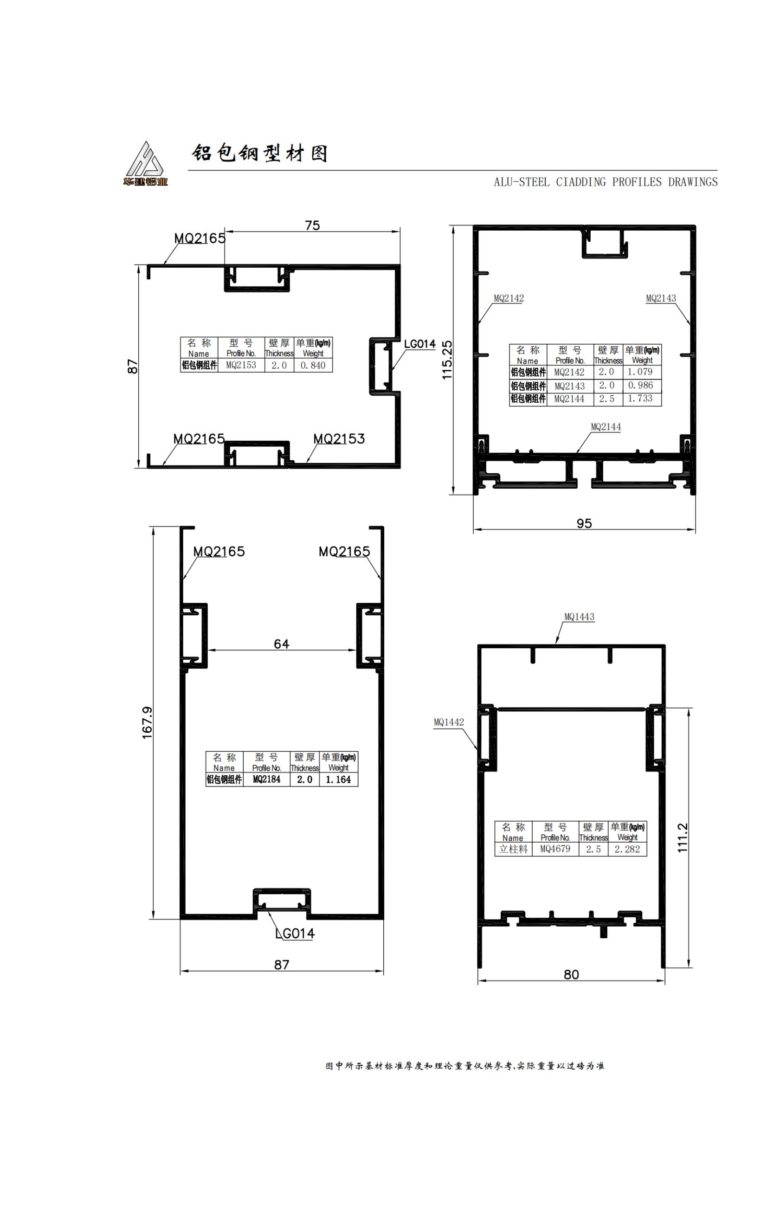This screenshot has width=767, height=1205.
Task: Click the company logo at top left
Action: (145, 164)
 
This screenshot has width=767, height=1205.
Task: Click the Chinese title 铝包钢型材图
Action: (260, 153)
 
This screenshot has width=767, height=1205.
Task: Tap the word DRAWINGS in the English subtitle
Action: (692, 182)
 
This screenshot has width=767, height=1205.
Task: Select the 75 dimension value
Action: (312, 226)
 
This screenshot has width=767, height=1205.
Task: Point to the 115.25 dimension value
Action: (447, 360)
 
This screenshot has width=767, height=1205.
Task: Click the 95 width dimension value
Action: (584, 523)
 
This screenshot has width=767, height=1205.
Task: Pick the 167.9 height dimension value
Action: (147, 722)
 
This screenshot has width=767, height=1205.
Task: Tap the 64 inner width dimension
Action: (282, 644)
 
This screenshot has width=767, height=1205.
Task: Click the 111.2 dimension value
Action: (683, 838)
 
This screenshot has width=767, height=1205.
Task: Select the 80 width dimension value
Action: (571, 974)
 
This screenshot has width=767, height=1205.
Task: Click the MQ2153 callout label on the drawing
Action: (339, 439)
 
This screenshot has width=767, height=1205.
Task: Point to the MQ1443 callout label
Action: (580, 617)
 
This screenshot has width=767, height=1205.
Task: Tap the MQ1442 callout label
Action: (449, 722)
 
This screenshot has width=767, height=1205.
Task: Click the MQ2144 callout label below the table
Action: (606, 427)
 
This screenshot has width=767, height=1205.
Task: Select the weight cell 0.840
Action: (313, 365)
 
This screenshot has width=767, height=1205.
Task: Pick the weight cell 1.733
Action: (640, 398)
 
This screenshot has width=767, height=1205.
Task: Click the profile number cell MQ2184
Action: (267, 779)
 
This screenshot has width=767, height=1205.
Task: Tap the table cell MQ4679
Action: (555, 849)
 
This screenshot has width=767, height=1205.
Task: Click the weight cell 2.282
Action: (627, 849)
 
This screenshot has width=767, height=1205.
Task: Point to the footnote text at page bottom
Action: (465, 1066)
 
